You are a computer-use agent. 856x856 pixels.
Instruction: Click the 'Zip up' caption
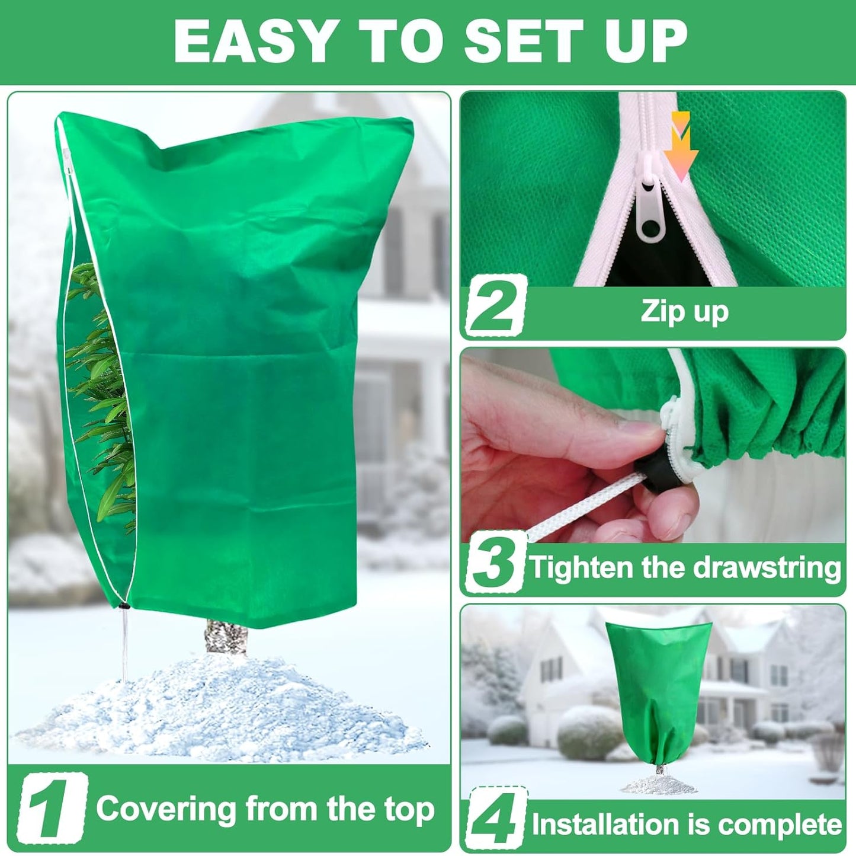click(684, 311)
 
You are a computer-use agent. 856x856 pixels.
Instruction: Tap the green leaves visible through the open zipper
click(104, 403)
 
